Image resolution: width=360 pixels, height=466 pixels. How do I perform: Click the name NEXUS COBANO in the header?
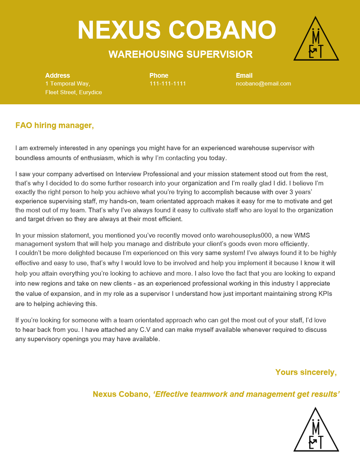tap(177, 30)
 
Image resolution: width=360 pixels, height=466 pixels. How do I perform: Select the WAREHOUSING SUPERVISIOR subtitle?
tap(180, 54)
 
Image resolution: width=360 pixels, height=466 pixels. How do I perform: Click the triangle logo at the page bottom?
tap(316, 431)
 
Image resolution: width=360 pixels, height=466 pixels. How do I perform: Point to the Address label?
tap(58, 75)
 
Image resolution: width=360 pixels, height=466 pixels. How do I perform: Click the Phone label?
tap(159, 75)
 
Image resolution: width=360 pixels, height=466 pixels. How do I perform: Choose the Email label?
tap(244, 75)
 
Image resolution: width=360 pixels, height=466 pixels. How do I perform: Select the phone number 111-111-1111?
tap(168, 83)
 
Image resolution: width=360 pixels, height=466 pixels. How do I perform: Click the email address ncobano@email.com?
tap(263, 83)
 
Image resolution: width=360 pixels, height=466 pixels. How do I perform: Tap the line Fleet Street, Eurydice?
tap(73, 92)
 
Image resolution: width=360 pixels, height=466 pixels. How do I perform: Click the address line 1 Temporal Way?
tap(68, 83)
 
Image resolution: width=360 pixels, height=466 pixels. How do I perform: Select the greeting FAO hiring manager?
tap(55, 126)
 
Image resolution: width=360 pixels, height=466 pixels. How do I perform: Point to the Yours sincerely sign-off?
tap(306, 372)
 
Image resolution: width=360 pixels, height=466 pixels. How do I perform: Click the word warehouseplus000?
tap(244, 235)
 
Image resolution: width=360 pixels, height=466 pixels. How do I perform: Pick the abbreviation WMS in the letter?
tap(302, 235)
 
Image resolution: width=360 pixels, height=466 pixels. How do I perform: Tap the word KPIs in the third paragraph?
tap(325, 294)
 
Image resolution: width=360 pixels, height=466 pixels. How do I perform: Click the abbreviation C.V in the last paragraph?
tap(145, 330)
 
